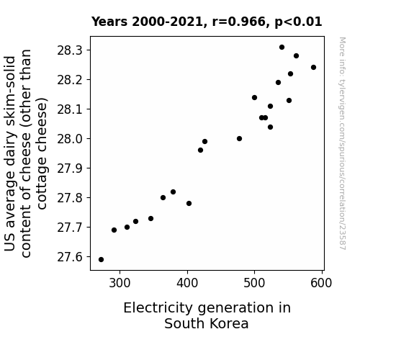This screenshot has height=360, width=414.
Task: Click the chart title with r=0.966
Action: [207, 22]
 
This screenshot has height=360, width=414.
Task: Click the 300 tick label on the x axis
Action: [120, 283]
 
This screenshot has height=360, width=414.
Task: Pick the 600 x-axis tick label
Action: [321, 283]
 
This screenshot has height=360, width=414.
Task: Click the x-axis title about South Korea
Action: [207, 315]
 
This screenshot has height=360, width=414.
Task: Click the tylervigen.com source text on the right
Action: [342, 143]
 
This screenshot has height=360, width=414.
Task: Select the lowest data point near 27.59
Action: [101, 260]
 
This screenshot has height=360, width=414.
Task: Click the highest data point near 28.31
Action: [282, 48]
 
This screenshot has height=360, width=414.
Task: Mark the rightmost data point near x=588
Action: [313, 68]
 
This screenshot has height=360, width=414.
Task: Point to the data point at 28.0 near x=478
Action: [240, 139]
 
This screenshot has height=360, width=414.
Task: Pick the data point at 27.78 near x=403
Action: [189, 203]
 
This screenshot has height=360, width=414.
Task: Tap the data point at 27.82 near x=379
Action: [174, 192]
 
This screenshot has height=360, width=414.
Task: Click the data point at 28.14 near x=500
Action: [255, 98]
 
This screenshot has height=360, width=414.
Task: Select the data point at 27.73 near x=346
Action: [150, 218]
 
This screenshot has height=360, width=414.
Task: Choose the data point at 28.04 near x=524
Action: [271, 127]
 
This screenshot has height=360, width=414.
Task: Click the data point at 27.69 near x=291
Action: [114, 230]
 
